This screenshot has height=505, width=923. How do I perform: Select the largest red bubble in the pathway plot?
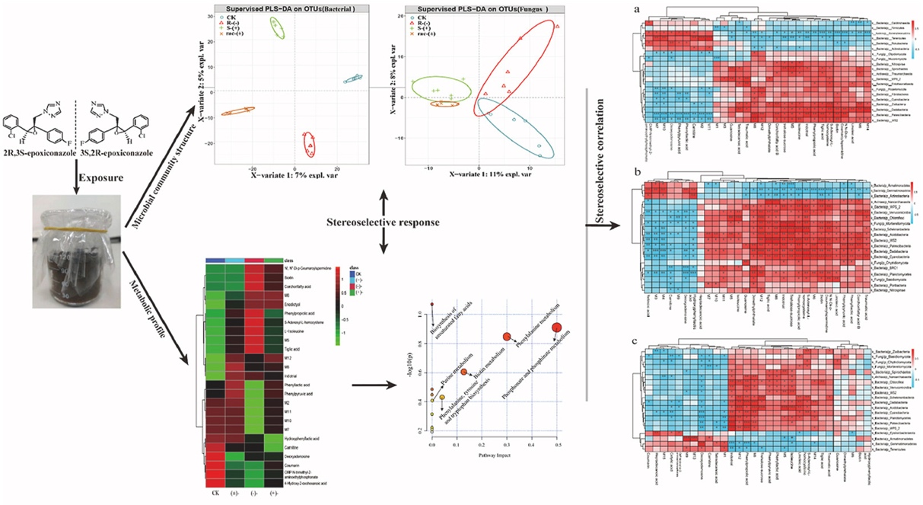[558, 327]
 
